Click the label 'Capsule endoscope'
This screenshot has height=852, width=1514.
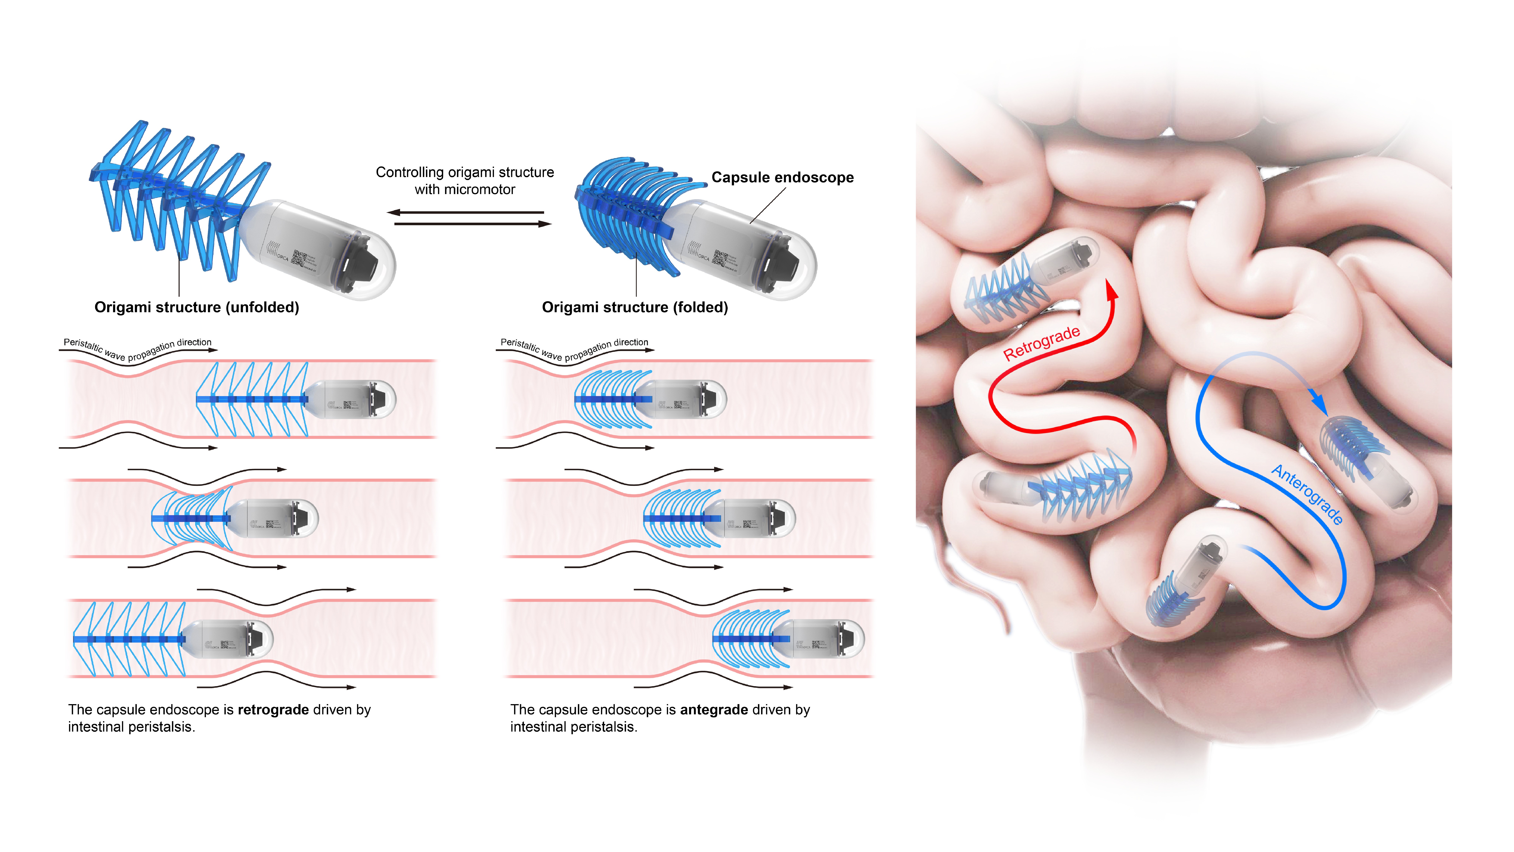pos(782,178)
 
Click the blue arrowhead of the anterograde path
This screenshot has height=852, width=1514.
pos(1319,405)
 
